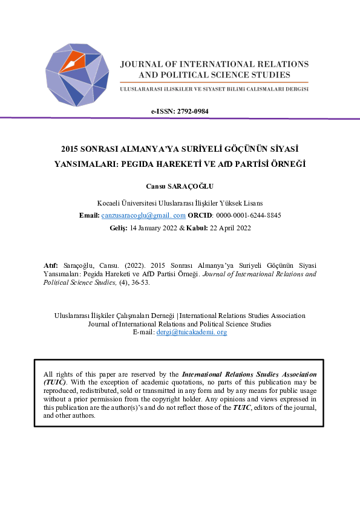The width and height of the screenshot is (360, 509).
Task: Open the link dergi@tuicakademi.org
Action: [192, 332]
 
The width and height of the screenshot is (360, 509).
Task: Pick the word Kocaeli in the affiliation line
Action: [110, 203]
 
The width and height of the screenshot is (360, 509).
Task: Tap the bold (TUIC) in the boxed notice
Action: [56, 383]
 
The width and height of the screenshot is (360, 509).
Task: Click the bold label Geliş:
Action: [118, 228]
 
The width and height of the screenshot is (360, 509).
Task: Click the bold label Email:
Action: [90, 215]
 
